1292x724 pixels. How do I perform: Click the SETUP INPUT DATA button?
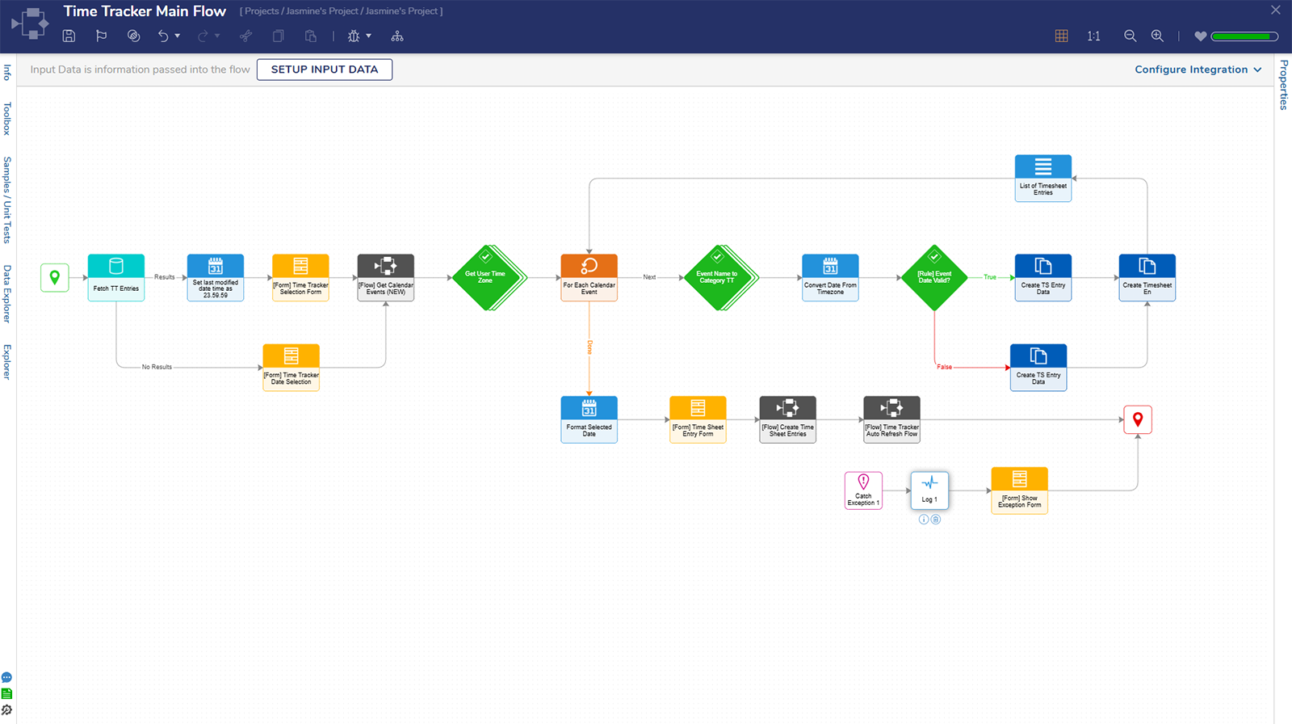(x=325, y=69)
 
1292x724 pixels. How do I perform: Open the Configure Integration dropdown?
(x=1198, y=69)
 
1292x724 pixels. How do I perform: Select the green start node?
(x=55, y=277)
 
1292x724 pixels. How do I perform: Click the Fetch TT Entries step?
(x=116, y=277)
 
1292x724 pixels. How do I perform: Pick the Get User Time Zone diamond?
(x=485, y=277)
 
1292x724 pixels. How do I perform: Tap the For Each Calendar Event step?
(x=589, y=277)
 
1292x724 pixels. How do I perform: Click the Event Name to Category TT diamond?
(x=717, y=277)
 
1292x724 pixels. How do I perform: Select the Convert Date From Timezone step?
(x=830, y=277)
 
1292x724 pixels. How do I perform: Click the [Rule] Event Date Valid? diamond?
(x=934, y=277)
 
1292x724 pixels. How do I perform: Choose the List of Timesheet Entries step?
(x=1043, y=178)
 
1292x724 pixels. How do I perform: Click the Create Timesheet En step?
(x=1147, y=277)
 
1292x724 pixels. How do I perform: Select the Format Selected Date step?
(x=589, y=419)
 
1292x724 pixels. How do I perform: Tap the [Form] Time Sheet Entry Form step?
(x=698, y=419)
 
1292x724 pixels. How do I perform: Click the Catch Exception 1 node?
(x=863, y=490)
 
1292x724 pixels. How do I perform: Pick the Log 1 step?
(x=929, y=490)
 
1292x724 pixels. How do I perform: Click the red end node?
(x=1138, y=419)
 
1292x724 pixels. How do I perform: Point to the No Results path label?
(x=157, y=367)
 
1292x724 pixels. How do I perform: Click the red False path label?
(x=944, y=367)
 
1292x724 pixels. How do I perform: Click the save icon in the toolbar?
(x=69, y=36)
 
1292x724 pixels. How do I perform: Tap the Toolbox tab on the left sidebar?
(x=7, y=118)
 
